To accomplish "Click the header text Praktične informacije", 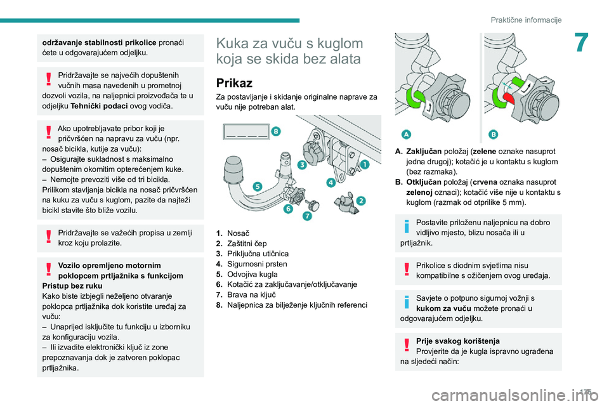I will [526, 20].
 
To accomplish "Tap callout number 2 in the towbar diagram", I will [360, 200].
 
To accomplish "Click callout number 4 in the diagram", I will [331, 183].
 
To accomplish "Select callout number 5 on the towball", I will [257, 186].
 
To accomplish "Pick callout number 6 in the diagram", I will [288, 209].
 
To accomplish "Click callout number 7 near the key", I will [306, 216].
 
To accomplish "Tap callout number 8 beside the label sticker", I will [275, 130].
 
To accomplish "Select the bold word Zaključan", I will [426, 152].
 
